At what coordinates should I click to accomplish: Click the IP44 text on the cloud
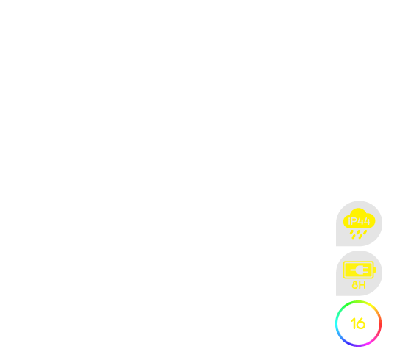pyautogui.click(x=359, y=221)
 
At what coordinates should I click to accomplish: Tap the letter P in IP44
pyautogui.click(x=354, y=221)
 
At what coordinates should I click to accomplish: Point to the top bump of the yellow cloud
pyautogui.click(x=358, y=212)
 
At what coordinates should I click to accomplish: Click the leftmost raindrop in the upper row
pyautogui.click(x=351, y=232)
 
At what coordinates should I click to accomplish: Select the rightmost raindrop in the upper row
pyautogui.click(x=365, y=232)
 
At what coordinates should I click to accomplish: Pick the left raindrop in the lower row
pyautogui.click(x=354, y=237)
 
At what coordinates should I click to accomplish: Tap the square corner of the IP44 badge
pyautogui.click(x=336, y=245)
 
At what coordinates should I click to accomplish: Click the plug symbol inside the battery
pyautogui.click(x=359, y=270)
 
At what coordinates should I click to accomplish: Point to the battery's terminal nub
pyautogui.click(x=375, y=270)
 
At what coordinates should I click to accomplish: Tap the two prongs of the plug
pyautogui.click(x=365, y=270)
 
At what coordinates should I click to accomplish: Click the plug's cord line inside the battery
pyautogui.click(x=353, y=270)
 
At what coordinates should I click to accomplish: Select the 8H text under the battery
pyautogui.click(x=359, y=285)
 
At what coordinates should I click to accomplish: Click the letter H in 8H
pyautogui.click(x=362, y=285)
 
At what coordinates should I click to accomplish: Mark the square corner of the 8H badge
pyautogui.click(x=336, y=295)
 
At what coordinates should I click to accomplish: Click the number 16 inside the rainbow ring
pyautogui.click(x=358, y=323)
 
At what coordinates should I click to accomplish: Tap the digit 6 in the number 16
pyautogui.click(x=361, y=324)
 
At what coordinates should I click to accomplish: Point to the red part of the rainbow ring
pyautogui.click(x=380, y=324)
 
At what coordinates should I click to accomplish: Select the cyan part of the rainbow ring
pyautogui.click(x=337, y=324)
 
